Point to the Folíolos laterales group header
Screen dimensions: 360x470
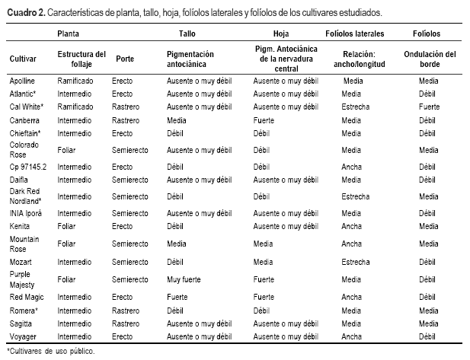click(354, 34)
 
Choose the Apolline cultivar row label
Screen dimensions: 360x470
click(23, 80)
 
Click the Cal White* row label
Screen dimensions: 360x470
click(27, 107)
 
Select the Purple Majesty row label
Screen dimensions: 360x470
click(22, 278)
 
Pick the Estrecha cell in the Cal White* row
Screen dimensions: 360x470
click(356, 107)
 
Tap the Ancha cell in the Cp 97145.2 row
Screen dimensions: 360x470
click(352, 167)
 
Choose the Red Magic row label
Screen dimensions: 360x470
click(27, 297)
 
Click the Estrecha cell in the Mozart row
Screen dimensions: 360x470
click(356, 262)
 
